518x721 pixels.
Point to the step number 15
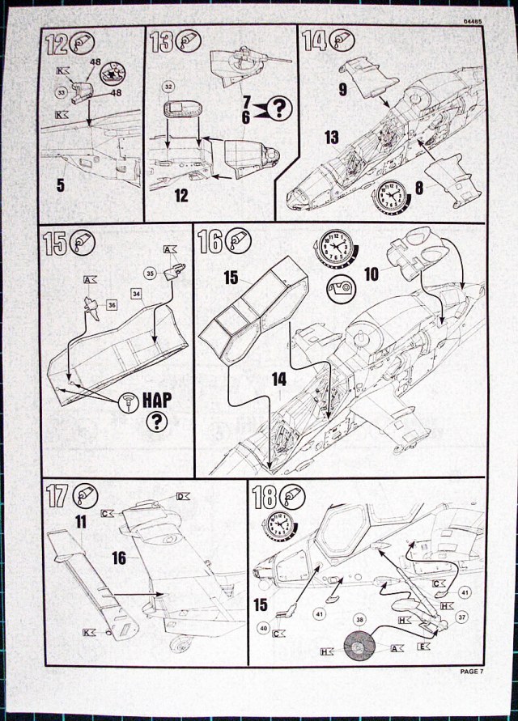click(x=56, y=242)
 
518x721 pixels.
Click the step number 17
click(x=57, y=496)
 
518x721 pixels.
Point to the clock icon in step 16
click(x=332, y=246)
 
